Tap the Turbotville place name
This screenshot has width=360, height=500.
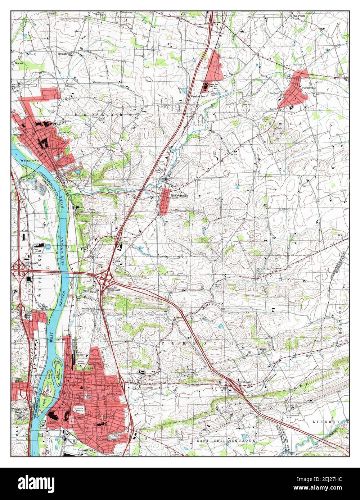point(311,87)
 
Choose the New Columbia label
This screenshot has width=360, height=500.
point(48,308)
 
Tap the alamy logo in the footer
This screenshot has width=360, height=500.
point(32,482)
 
